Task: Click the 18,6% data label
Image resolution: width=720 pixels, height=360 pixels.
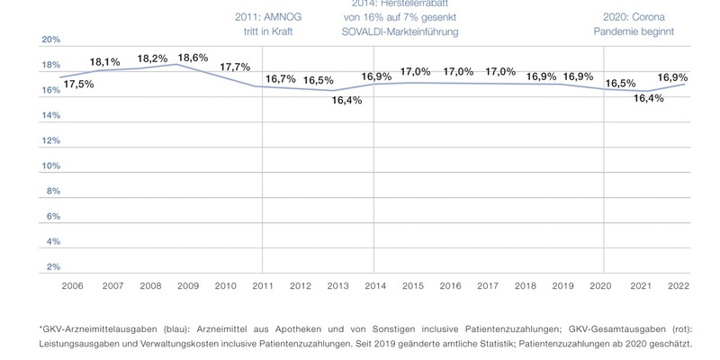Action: (193, 58)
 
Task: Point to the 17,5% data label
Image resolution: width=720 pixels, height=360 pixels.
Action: (79, 85)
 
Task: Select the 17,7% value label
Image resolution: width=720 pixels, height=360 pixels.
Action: (235, 67)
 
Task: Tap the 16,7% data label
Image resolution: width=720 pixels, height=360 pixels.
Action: (281, 79)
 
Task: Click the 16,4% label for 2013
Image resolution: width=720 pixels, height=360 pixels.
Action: (346, 100)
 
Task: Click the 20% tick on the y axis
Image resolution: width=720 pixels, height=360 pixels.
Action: (51, 40)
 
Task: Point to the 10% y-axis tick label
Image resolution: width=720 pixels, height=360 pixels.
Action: (51, 166)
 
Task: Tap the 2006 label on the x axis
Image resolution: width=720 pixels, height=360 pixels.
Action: (72, 285)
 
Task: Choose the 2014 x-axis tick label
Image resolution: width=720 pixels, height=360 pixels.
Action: (375, 285)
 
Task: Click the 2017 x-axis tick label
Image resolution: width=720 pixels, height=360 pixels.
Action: (488, 285)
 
